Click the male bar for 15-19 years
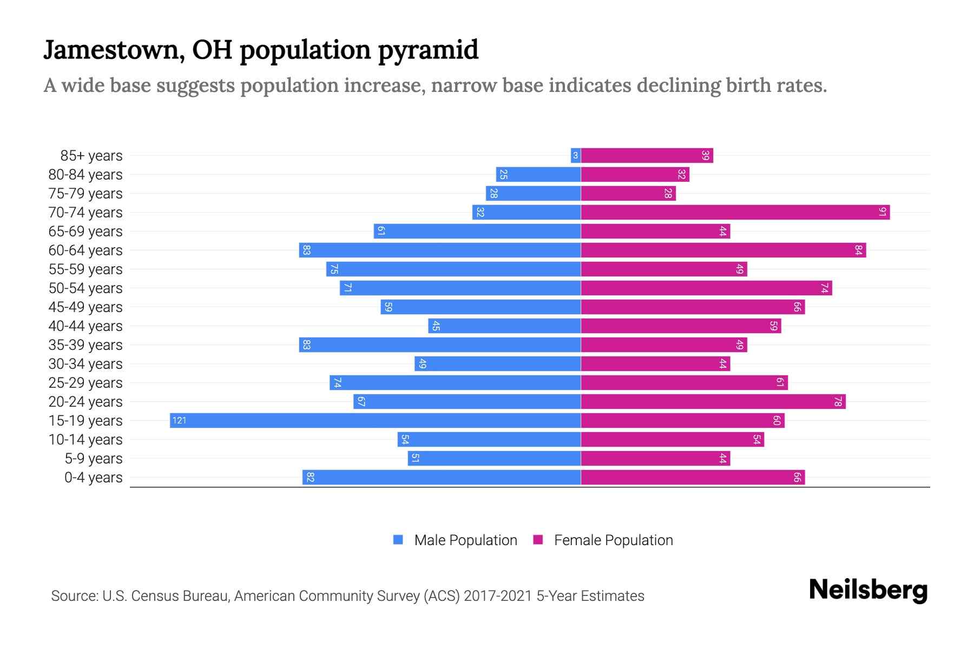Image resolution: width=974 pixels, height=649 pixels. [x=375, y=420]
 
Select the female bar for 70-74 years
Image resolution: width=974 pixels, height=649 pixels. [x=735, y=212]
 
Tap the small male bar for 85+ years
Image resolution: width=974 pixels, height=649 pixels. [x=576, y=155]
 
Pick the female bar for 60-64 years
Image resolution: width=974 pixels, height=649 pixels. [x=723, y=250]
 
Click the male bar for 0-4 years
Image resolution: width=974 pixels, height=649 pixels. [x=441, y=477]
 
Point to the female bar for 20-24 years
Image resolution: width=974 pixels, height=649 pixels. [x=713, y=401]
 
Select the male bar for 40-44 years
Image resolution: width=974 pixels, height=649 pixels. [x=504, y=326]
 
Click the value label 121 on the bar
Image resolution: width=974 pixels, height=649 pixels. [x=179, y=420]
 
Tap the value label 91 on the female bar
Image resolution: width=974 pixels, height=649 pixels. [x=882, y=212]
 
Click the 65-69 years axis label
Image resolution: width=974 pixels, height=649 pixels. [x=85, y=231]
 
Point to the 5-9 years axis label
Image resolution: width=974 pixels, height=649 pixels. [x=94, y=459]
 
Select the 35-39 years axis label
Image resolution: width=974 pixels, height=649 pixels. [x=85, y=345]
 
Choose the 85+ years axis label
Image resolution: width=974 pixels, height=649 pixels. [x=91, y=156]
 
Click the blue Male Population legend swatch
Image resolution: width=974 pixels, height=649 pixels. [x=398, y=540]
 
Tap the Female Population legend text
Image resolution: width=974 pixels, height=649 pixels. [x=613, y=540]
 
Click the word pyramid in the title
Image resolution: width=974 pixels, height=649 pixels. [x=428, y=50]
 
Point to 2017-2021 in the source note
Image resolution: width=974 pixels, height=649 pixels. [x=498, y=596]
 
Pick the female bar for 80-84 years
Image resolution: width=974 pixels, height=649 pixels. [x=635, y=174]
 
